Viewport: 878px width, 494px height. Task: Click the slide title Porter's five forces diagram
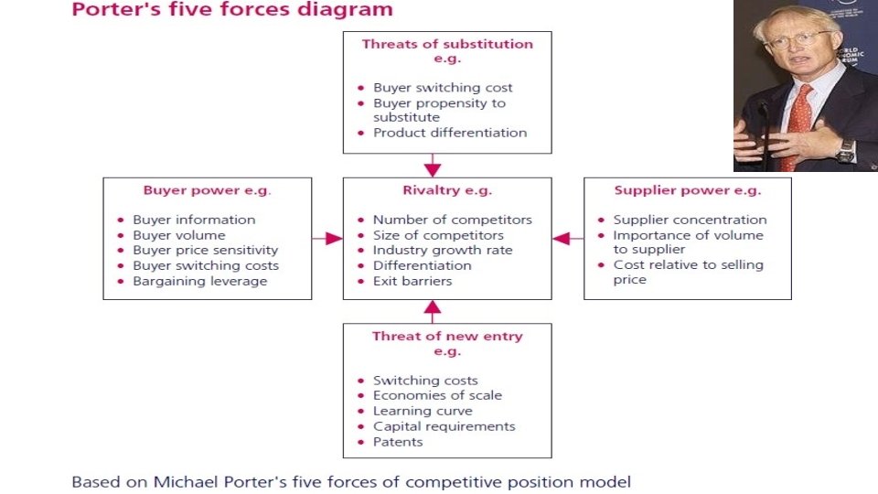pyautogui.click(x=232, y=10)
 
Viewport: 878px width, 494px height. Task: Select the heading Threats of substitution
pyautogui.click(x=447, y=44)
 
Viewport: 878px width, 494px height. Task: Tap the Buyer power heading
pyautogui.click(x=207, y=191)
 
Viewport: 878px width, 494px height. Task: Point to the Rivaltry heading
pyautogui.click(x=447, y=191)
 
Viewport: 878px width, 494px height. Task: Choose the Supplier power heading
pyautogui.click(x=687, y=191)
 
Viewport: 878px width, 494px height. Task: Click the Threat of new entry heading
pyautogui.click(x=447, y=337)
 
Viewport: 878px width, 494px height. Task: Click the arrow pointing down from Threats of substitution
pyautogui.click(x=433, y=166)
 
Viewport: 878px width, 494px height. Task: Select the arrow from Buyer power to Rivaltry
pyautogui.click(x=327, y=238)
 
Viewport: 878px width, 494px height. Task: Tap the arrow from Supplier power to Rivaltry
pyautogui.click(x=568, y=238)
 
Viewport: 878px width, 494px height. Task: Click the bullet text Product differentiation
pyautogui.click(x=450, y=133)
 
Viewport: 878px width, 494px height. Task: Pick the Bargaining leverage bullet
pyautogui.click(x=199, y=281)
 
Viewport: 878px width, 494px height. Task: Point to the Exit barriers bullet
pyautogui.click(x=412, y=281)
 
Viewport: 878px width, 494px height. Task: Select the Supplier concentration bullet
pyautogui.click(x=690, y=220)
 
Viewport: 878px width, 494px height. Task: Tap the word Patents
pyautogui.click(x=398, y=442)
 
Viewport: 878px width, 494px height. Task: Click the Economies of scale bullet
pyautogui.click(x=437, y=395)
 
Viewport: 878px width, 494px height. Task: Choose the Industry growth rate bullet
pyautogui.click(x=442, y=250)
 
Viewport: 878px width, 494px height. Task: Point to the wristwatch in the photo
pyautogui.click(x=844, y=151)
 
